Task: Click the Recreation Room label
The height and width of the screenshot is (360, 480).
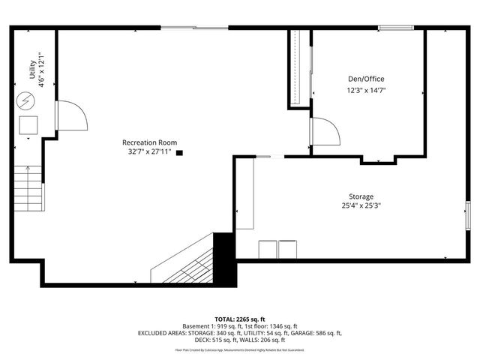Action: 151,142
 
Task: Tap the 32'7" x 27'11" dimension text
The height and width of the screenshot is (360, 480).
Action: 149,151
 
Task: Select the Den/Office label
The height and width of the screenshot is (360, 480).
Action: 366,79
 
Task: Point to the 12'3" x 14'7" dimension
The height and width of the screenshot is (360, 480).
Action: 366,90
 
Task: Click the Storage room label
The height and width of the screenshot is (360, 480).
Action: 360,196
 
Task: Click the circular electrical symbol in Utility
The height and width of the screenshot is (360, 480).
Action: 26,99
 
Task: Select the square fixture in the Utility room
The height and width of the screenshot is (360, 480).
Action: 28,124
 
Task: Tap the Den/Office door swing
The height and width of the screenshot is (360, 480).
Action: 325,132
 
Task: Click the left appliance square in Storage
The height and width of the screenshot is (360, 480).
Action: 267,250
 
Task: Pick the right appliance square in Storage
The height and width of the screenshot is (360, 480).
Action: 287,250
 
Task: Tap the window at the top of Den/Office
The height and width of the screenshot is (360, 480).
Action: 395,28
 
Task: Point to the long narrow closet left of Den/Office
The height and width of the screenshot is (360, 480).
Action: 298,69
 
